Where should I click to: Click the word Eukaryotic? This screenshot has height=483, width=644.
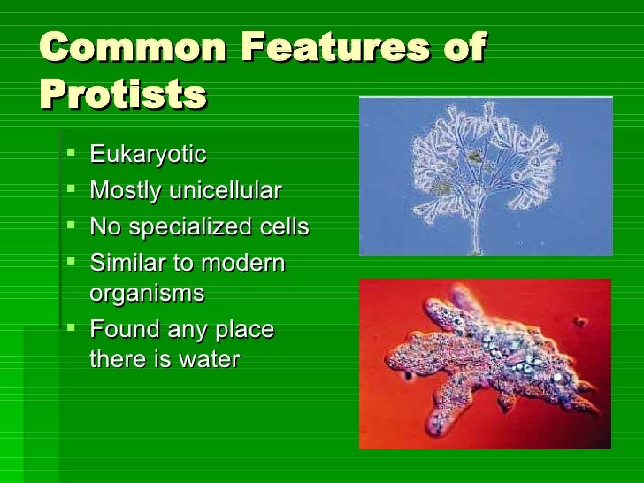tap(148, 156)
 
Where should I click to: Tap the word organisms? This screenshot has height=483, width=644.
tap(147, 293)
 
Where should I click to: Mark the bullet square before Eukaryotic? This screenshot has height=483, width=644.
tap(71, 154)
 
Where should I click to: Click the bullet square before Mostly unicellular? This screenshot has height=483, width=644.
tap(71, 189)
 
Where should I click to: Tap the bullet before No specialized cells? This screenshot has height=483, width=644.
tap(71, 226)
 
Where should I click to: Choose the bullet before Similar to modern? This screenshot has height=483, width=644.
tap(71, 262)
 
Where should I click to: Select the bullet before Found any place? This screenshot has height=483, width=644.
tap(71, 328)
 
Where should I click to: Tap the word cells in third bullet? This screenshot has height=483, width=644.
tap(285, 227)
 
